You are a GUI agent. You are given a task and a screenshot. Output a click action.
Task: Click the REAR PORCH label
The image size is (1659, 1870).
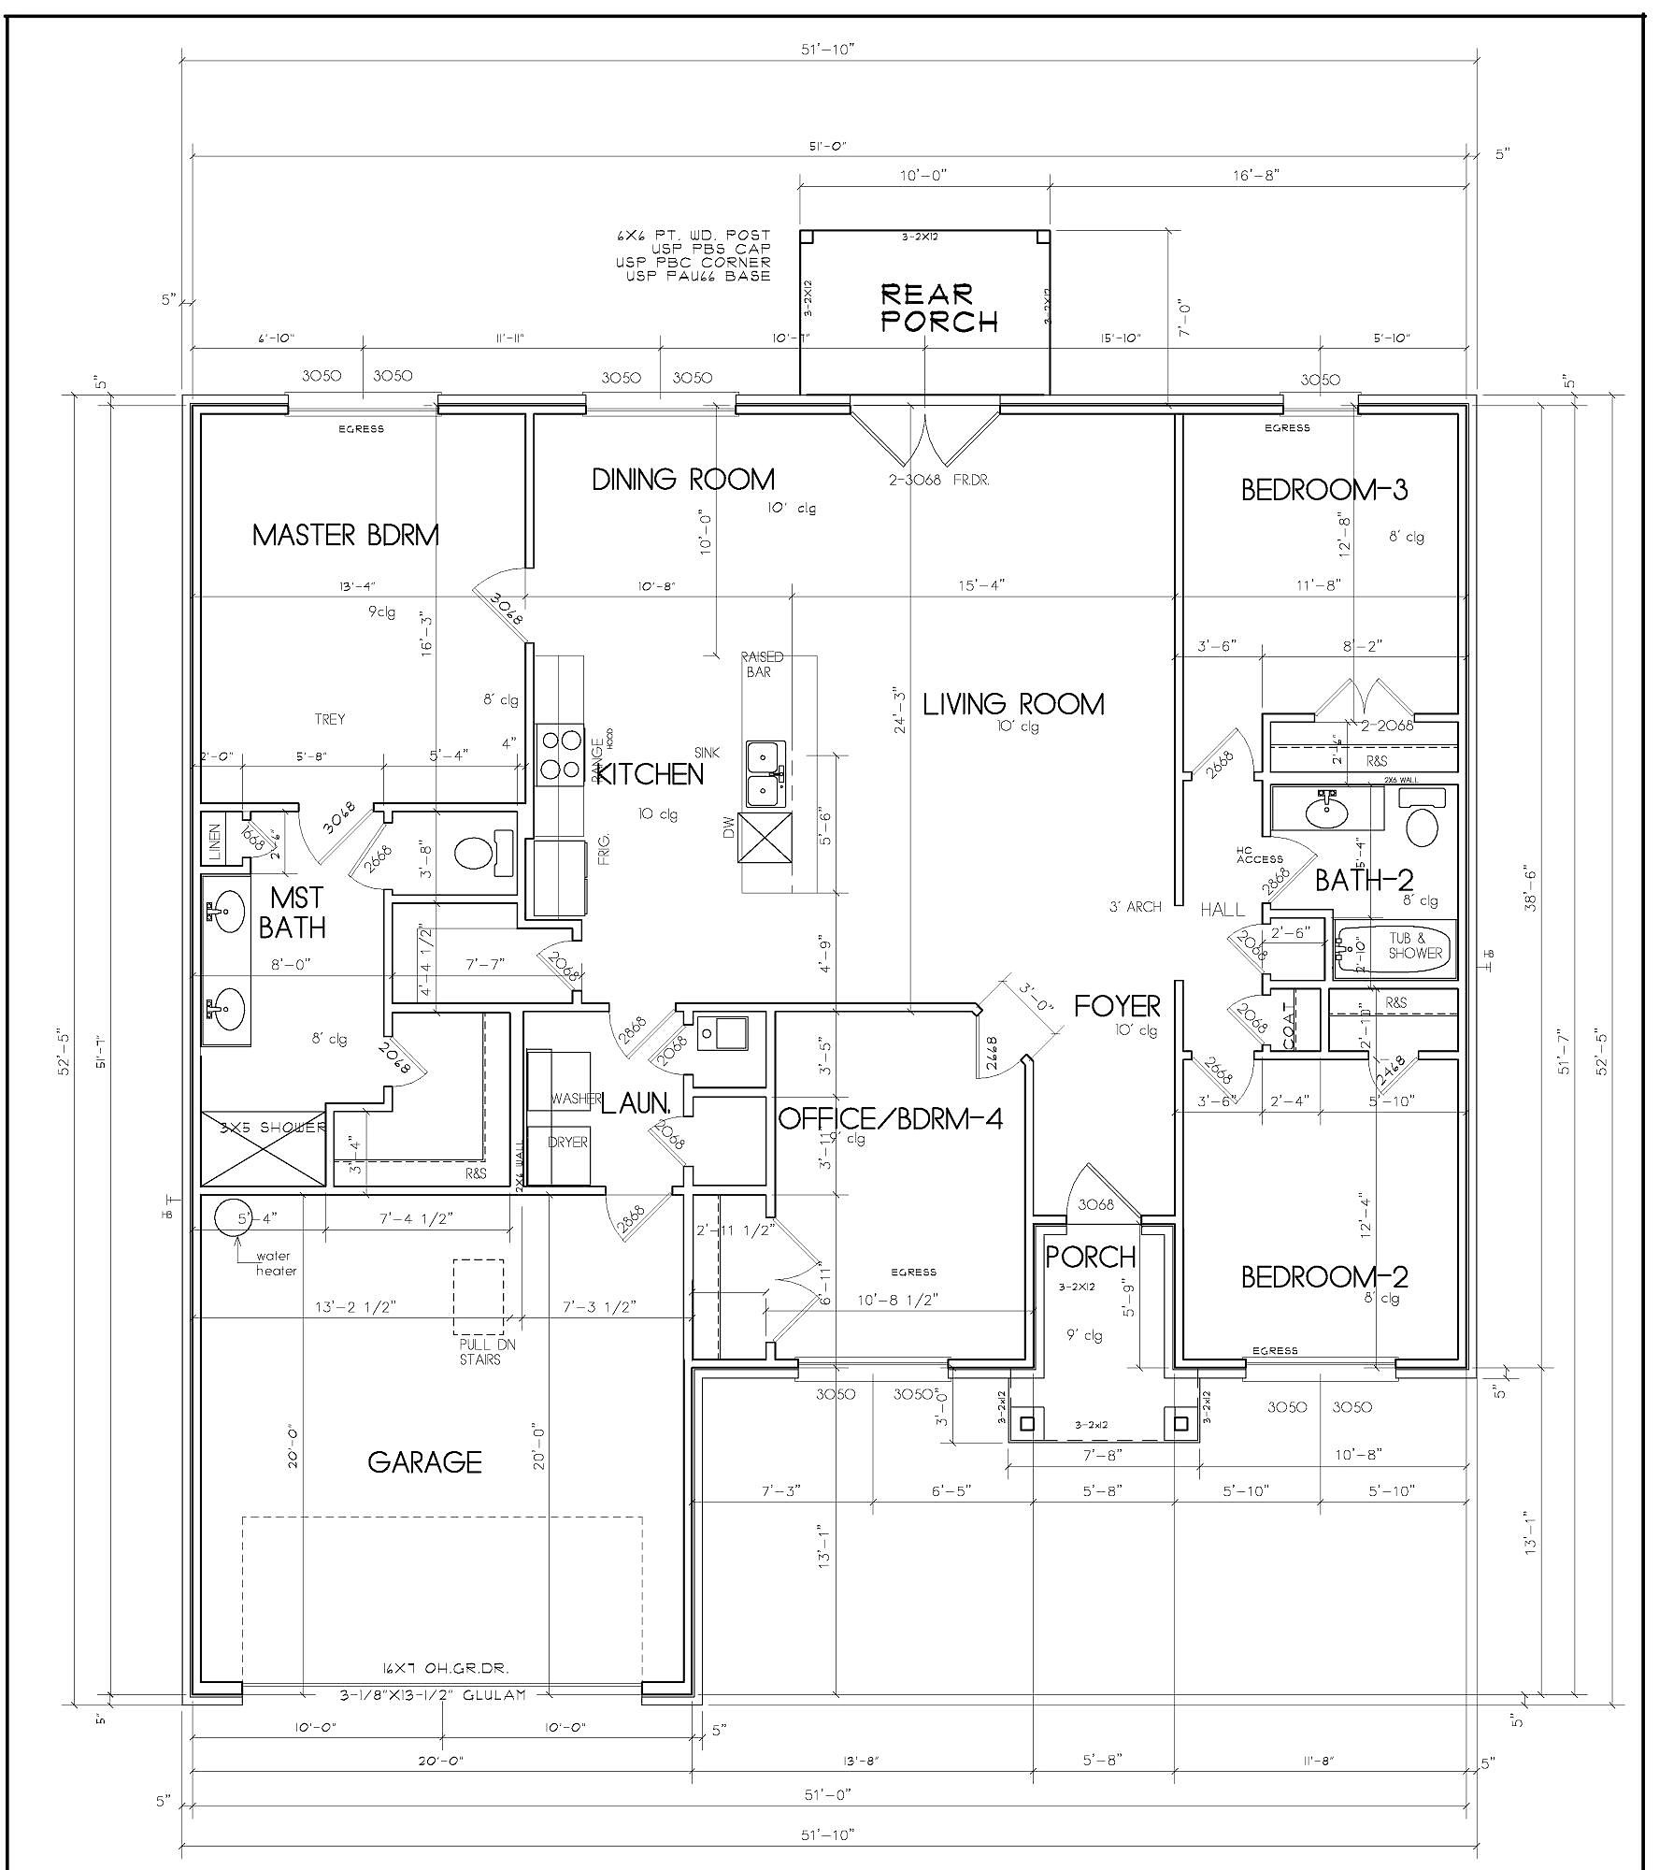tap(939, 309)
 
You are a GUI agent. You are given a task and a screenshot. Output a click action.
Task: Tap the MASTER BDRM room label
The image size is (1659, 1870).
tap(345, 536)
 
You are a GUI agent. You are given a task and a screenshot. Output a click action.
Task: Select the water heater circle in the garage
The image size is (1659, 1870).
tap(232, 1217)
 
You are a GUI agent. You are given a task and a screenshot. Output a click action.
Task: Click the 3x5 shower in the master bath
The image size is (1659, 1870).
tap(263, 1149)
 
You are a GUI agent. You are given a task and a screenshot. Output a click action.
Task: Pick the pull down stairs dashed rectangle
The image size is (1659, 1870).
tap(479, 1297)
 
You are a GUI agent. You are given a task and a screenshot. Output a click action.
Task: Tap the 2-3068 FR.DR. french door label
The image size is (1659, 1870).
tap(938, 480)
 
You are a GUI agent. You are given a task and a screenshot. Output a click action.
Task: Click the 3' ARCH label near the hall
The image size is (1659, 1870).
tap(1135, 906)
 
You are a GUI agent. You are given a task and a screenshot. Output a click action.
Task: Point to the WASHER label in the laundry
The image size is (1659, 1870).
tap(575, 1099)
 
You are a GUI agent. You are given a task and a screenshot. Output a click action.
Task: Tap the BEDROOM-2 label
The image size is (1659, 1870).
tap(1323, 1277)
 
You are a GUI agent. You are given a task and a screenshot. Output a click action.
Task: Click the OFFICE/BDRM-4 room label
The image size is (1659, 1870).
tap(890, 1118)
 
